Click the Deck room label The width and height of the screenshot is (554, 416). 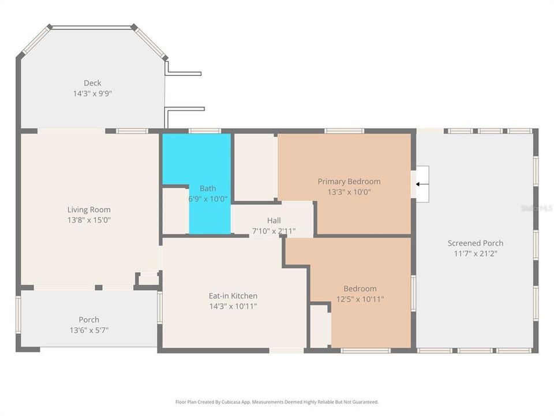click(x=92, y=83)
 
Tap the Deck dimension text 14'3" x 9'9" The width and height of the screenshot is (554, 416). click(x=92, y=92)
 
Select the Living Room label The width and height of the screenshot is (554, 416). click(x=89, y=210)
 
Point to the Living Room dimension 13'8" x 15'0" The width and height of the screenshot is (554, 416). click(x=89, y=220)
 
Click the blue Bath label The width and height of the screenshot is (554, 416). click(x=208, y=188)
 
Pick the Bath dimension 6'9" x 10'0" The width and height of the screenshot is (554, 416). click(x=208, y=198)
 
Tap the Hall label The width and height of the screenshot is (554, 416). click(x=274, y=221)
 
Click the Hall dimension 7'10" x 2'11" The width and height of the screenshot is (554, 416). click(x=274, y=231)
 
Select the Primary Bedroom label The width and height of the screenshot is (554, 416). click(x=349, y=181)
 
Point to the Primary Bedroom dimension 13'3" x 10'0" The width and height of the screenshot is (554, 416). click(x=349, y=191)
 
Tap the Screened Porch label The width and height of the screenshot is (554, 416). click(x=476, y=243)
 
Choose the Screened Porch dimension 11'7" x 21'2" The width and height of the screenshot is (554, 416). click(x=476, y=253)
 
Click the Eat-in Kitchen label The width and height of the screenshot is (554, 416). click(x=233, y=296)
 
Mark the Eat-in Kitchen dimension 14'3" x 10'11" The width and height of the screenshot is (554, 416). click(x=233, y=306)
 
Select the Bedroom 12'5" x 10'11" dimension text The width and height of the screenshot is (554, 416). click(x=360, y=299)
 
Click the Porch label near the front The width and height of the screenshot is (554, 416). click(x=89, y=320)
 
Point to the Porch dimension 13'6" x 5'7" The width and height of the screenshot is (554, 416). click(x=89, y=330)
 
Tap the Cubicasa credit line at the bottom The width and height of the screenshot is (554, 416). click(x=277, y=402)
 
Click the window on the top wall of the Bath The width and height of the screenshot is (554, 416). click(x=205, y=131)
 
